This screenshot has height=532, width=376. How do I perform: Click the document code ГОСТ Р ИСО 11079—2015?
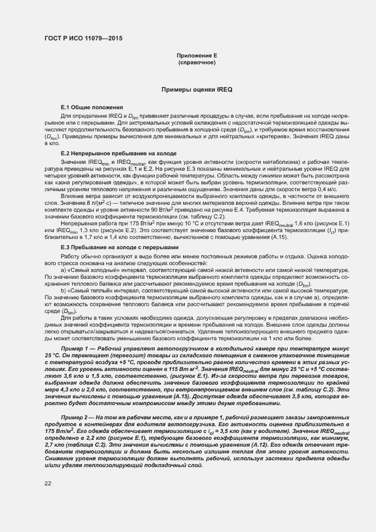tap(82, 38)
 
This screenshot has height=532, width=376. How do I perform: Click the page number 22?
tap(48, 484)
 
